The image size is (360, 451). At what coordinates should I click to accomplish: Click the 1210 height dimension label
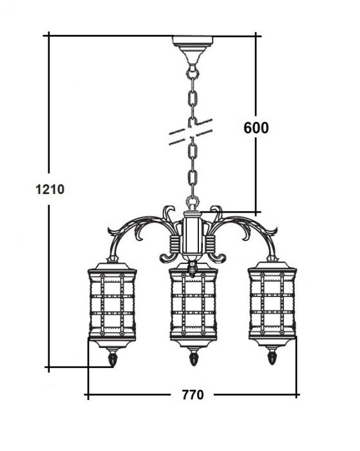(50, 189)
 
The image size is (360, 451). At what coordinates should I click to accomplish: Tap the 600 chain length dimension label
(256, 128)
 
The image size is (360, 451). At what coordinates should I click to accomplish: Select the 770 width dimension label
(193, 394)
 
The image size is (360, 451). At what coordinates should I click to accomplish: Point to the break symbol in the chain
(191, 131)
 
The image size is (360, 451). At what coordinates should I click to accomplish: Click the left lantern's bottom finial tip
(113, 366)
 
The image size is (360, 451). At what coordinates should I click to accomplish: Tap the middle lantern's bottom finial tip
(193, 365)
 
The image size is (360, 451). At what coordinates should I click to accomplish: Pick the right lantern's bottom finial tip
(272, 363)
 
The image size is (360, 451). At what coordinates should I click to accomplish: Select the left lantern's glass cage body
(112, 305)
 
